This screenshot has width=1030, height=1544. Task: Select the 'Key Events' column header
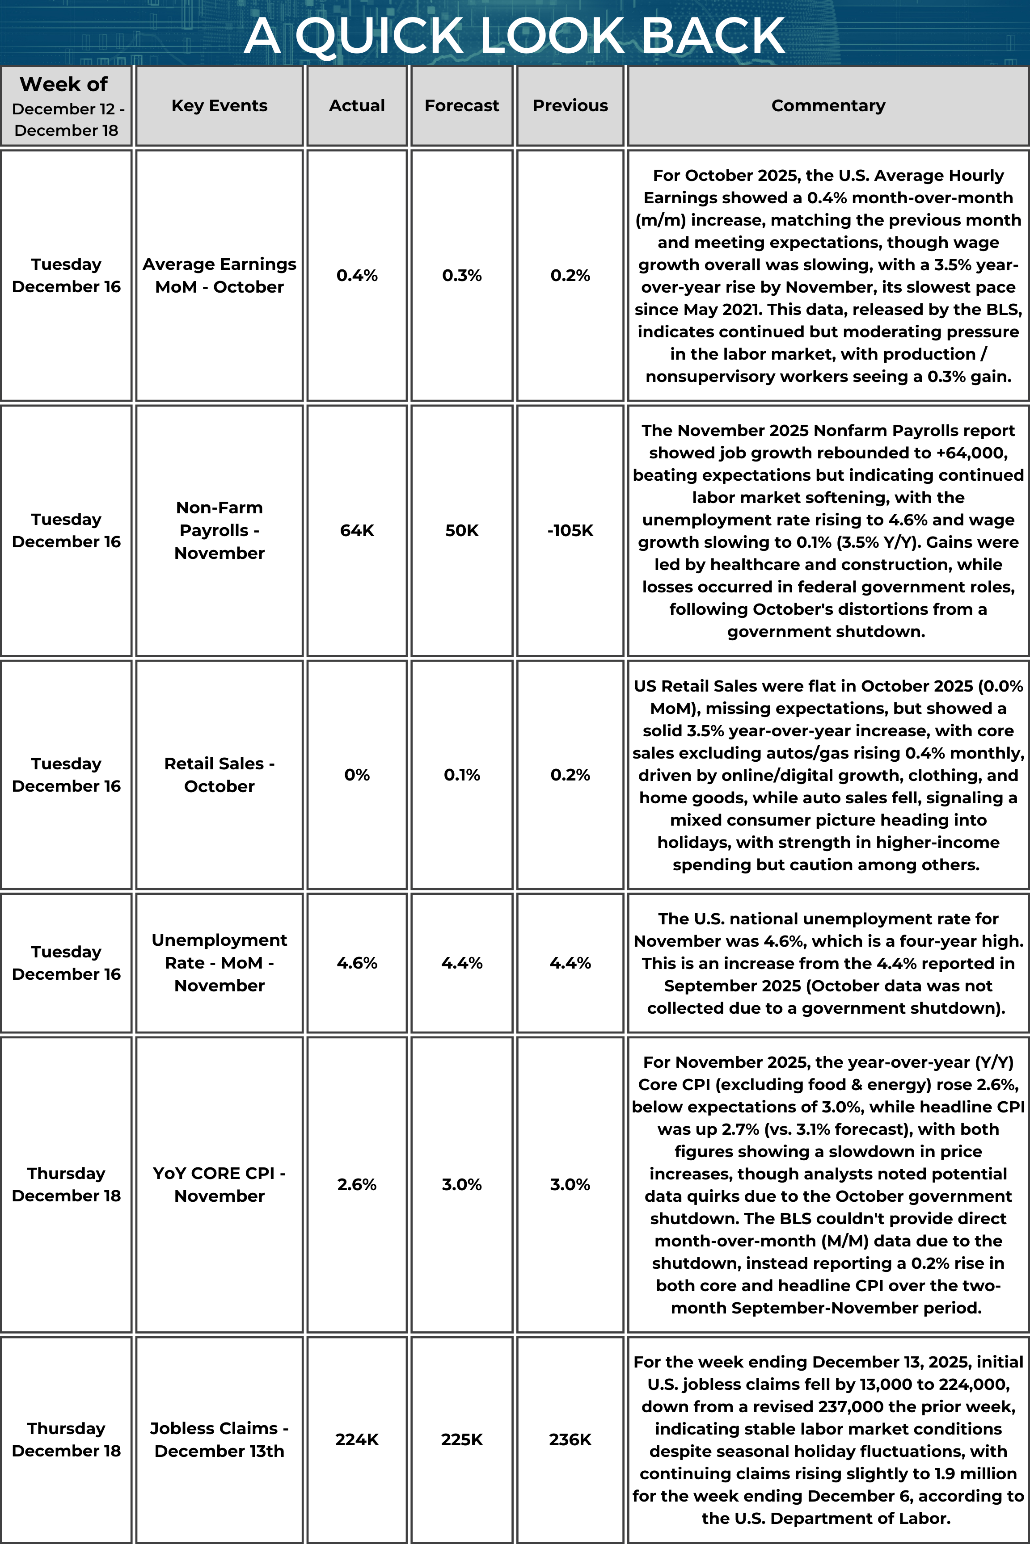[220, 106]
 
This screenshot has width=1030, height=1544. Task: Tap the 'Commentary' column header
[827, 106]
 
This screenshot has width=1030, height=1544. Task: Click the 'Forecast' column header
[462, 106]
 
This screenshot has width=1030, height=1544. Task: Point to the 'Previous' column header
[570, 106]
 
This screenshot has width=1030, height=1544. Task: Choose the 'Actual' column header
[357, 106]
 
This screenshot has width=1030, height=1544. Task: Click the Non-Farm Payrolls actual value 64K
[357, 530]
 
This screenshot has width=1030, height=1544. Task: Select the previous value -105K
[570, 530]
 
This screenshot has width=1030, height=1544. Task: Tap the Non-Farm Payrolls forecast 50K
[462, 530]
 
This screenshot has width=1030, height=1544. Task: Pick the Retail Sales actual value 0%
[357, 775]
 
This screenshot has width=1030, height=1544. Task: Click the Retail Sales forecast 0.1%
[462, 775]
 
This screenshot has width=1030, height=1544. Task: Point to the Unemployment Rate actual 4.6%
[357, 963]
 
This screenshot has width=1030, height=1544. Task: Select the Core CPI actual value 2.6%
[357, 1184]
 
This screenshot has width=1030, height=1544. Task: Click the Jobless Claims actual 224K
[357, 1439]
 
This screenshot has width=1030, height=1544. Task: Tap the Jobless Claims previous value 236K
[570, 1439]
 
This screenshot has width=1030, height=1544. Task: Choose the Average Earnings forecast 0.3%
[462, 275]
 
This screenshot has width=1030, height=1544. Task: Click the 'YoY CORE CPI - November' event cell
[220, 1184]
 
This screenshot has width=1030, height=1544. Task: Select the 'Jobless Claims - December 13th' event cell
[220, 1439]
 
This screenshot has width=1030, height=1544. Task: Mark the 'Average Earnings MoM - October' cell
[220, 275]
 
